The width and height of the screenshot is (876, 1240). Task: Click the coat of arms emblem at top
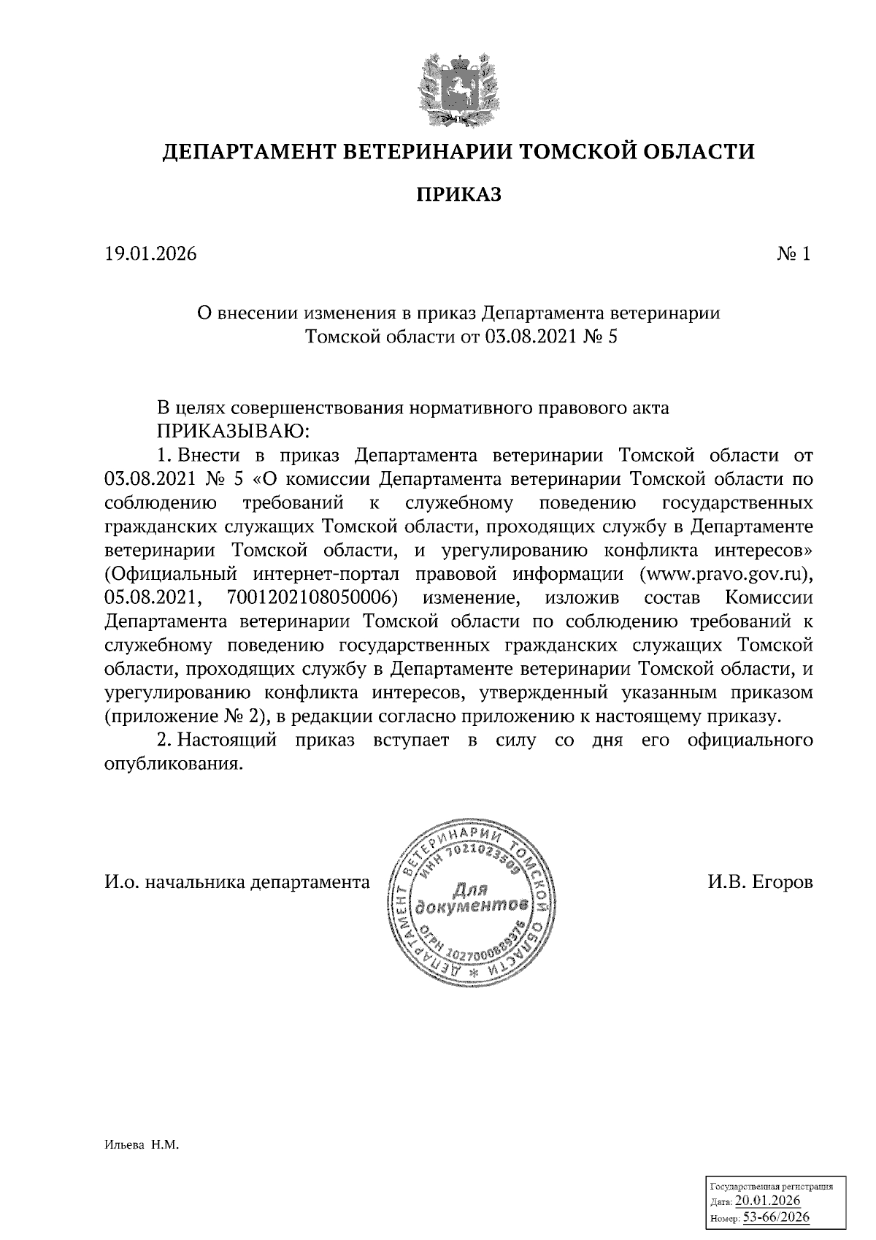coord(458,86)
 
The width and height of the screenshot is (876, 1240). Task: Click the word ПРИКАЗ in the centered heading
coord(458,195)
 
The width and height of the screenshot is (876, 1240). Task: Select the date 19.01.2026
coord(150,254)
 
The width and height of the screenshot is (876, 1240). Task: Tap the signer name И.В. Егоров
coord(759,882)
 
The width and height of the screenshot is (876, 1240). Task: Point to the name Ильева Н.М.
coord(141,1146)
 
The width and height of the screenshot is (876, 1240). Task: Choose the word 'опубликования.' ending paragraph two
coord(173,764)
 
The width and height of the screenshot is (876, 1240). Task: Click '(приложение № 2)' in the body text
coord(185,716)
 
